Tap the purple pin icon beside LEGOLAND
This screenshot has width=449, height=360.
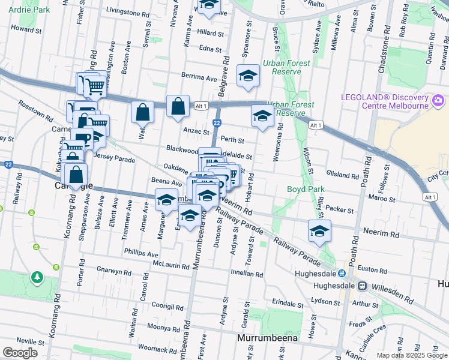click(439, 100)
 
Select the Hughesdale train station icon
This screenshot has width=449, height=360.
click(363, 286)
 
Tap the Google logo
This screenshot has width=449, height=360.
click(20, 353)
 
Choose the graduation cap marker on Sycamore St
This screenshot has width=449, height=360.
click(247, 76)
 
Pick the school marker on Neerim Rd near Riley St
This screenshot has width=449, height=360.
click(319, 230)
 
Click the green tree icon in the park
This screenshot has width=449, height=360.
click(37, 277)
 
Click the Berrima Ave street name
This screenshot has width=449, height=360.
click(199, 78)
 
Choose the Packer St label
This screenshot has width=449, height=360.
click(340, 209)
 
